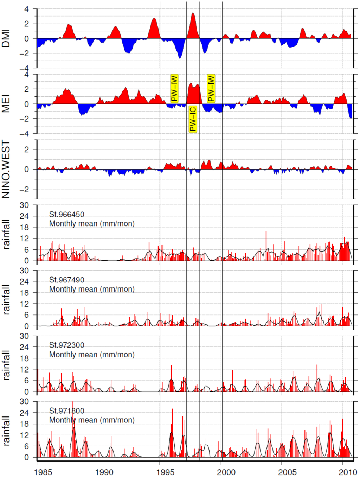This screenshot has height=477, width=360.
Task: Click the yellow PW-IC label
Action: tap(193, 119)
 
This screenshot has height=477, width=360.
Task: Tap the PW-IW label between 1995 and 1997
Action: tap(174, 89)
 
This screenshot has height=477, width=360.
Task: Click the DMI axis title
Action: tap(6, 38)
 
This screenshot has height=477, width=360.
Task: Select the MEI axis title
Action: tap(6, 104)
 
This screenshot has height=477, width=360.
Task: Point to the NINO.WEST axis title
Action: tap(6, 169)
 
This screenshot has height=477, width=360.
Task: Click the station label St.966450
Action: tap(67, 215)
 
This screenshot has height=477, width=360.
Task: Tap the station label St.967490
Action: tap(67, 280)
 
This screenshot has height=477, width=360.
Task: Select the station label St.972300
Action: tap(67, 345)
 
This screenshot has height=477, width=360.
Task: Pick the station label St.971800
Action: tap(67, 411)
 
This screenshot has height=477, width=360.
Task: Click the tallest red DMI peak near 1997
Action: tap(193, 14)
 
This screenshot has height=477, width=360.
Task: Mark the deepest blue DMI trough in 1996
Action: tap(180, 57)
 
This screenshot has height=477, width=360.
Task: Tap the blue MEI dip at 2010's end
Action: tap(351, 117)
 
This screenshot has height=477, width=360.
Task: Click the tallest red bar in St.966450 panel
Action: tap(266, 232)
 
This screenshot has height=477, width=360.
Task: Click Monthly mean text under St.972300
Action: tap(92, 355)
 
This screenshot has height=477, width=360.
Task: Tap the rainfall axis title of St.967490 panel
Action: tap(6, 299)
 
